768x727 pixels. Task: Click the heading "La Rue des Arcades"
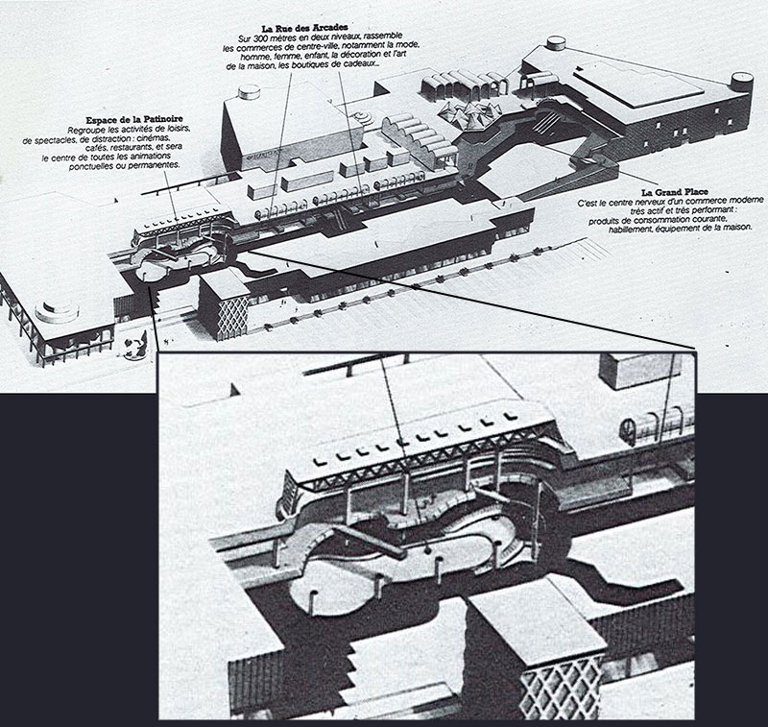click(304, 28)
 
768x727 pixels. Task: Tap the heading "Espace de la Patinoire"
click(134, 119)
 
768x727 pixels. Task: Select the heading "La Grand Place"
click(675, 192)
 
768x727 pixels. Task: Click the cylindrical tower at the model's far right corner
click(741, 81)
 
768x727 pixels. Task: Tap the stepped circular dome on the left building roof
click(57, 310)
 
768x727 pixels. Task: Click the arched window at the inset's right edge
click(628, 431)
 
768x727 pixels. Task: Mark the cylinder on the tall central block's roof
click(249, 91)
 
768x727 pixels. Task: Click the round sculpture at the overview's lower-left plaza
click(135, 348)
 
